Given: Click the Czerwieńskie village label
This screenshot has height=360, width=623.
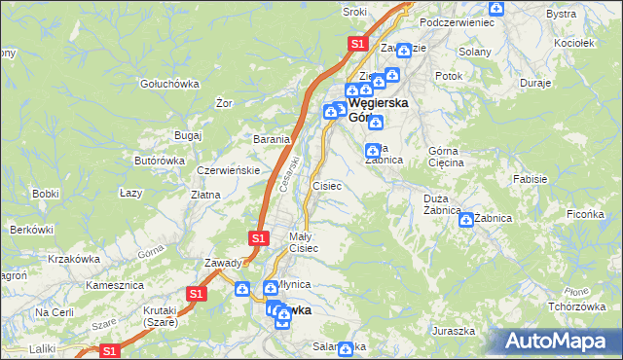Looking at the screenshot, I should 228,170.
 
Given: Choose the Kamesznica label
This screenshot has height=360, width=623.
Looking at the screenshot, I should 115,286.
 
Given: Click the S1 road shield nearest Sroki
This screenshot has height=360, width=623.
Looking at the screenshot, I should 357,44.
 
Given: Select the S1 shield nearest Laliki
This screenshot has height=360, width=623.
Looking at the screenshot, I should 110,350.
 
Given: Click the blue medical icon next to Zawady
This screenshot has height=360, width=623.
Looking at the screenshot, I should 242,287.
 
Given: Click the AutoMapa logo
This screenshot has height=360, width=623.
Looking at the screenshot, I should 558,342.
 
